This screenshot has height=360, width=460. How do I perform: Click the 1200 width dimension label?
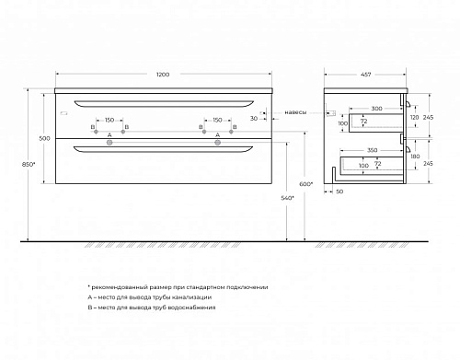[163, 75]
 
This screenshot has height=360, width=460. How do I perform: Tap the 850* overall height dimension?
[29, 164]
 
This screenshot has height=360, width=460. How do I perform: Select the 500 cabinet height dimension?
[44, 138]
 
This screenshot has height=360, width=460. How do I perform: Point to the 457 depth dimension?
[365, 75]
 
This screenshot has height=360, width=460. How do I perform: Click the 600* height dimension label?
[305, 184]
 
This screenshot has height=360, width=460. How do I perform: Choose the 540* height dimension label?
[287, 198]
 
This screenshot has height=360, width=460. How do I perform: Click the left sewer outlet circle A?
[109, 143]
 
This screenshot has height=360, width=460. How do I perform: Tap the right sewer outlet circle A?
[217, 143]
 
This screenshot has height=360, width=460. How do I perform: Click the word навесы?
[295, 112]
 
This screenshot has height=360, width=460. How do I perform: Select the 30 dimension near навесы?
[254, 119]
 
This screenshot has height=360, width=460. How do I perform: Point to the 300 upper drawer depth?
[376, 109]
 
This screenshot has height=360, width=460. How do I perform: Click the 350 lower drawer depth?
[373, 150]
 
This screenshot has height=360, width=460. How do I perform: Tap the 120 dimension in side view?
[414, 118]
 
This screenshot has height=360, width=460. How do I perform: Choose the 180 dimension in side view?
[415, 157]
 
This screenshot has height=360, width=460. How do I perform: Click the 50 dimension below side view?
[339, 192]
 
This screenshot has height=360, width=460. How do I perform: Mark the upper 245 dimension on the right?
[428, 117]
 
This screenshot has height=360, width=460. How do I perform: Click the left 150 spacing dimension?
[109, 120]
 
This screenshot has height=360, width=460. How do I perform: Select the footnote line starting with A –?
[150, 297]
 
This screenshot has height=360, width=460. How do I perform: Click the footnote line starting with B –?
[152, 308]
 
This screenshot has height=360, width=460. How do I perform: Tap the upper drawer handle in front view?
[164, 105]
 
